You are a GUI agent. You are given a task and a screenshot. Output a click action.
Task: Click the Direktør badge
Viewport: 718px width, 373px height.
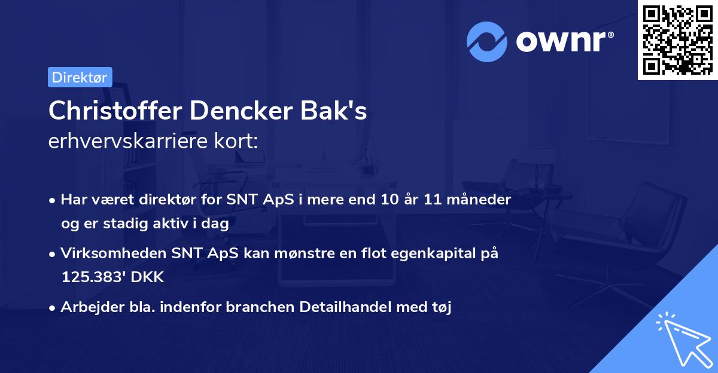tap(80, 77)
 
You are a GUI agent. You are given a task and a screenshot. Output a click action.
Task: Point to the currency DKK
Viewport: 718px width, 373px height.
tap(150, 277)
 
